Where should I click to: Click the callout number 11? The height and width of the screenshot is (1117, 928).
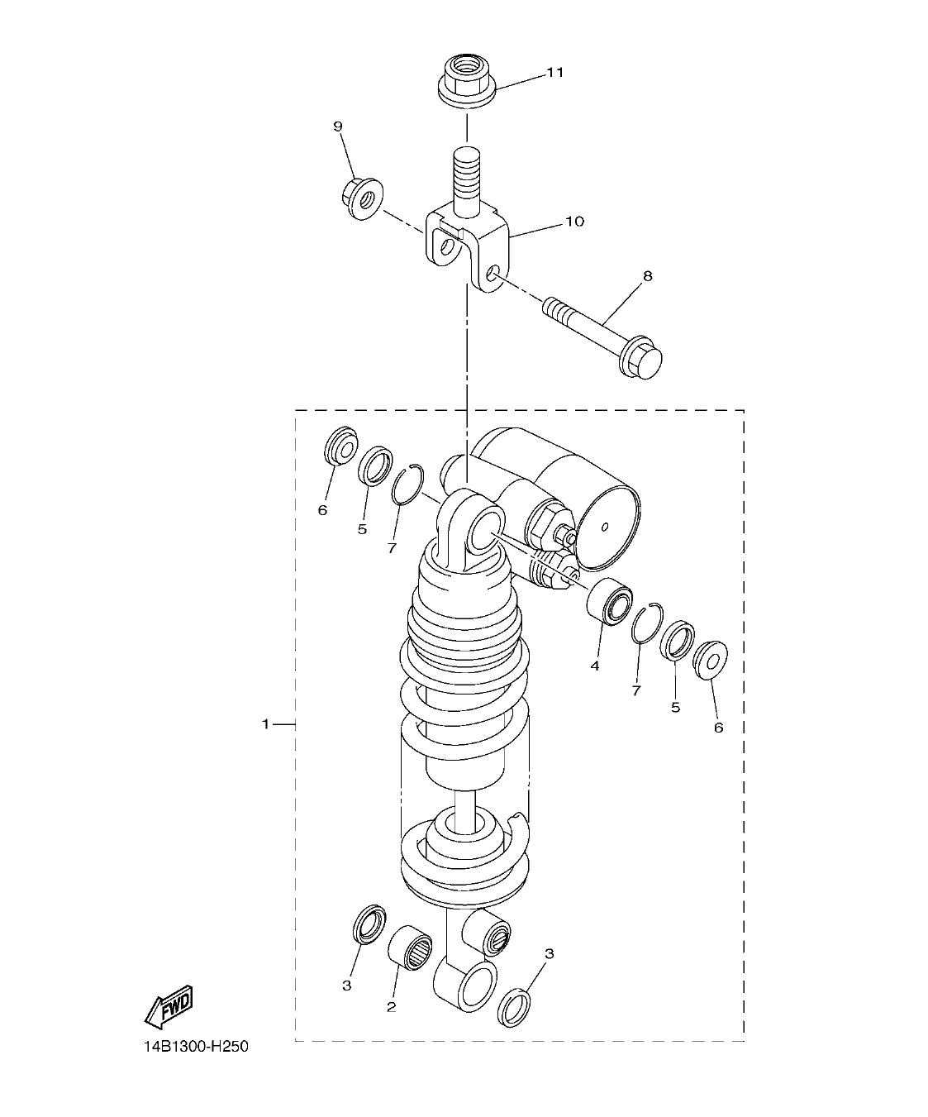(554, 73)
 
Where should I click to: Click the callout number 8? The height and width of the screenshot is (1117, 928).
(647, 276)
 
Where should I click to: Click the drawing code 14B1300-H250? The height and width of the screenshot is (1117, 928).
(195, 1047)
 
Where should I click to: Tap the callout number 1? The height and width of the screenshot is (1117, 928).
(265, 724)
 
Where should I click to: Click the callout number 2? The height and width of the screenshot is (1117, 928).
(391, 1007)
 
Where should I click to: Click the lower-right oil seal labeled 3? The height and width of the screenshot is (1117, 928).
(513, 1007)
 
